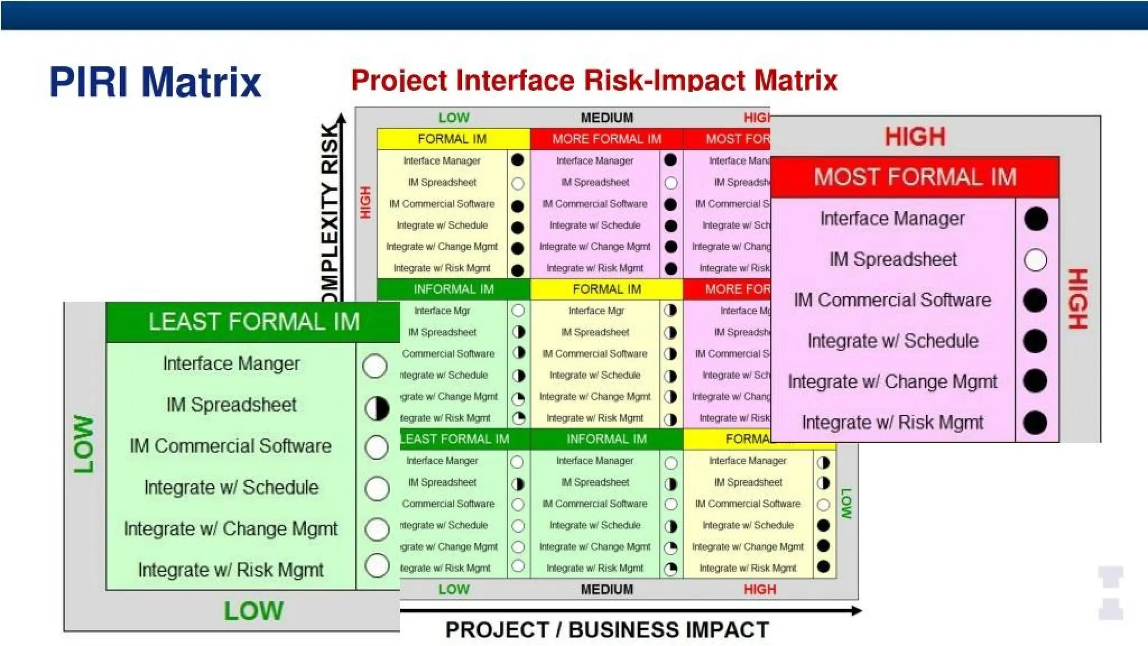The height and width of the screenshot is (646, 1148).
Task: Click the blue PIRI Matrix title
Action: click(155, 82)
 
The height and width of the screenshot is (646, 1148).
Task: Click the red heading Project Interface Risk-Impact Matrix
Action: click(594, 80)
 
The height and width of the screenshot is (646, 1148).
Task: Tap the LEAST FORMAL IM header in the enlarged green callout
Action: click(253, 322)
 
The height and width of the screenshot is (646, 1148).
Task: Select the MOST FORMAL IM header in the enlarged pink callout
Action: click(915, 177)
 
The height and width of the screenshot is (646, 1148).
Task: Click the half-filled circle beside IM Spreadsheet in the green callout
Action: click(377, 408)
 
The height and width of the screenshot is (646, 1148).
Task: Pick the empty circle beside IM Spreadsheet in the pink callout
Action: click(1035, 260)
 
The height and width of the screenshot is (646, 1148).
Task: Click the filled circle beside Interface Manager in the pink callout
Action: click(1035, 219)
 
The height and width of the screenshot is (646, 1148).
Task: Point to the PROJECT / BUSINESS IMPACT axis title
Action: click(607, 630)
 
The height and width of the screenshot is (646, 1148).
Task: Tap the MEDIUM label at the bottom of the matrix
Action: click(607, 589)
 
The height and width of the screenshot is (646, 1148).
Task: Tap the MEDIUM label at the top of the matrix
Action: click(607, 118)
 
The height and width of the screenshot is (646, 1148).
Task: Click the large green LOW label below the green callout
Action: click(253, 611)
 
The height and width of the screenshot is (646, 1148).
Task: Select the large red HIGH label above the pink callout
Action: click(915, 137)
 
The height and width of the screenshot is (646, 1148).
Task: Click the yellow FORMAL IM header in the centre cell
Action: click(607, 289)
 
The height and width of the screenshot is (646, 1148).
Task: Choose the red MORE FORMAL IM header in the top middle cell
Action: click(607, 139)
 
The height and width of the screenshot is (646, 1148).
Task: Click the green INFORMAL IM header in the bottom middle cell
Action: click(607, 439)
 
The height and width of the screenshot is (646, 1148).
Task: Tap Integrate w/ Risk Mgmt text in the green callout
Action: click(231, 570)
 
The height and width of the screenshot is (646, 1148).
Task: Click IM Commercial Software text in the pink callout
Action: click(892, 300)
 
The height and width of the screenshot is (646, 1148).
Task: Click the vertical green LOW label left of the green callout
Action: click(84, 444)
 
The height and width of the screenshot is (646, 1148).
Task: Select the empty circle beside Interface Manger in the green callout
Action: click(375, 366)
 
